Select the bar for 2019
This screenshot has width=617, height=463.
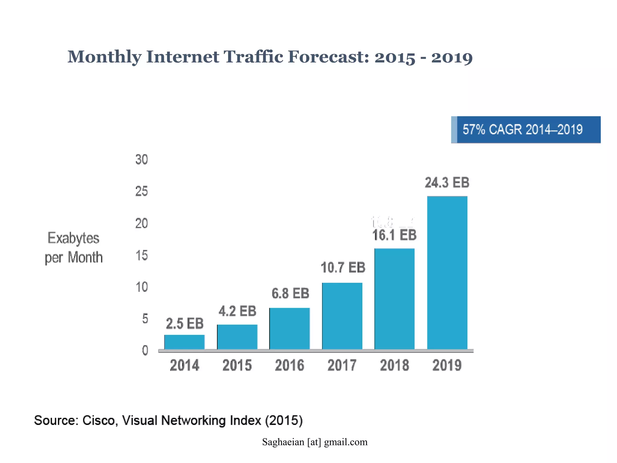coord(447,273)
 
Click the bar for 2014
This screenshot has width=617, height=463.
coord(184,342)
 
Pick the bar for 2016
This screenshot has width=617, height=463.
coord(290,329)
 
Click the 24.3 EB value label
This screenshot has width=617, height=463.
coord(447,183)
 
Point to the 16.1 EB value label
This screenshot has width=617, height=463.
coord(394,235)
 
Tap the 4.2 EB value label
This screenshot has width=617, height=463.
coord(237,311)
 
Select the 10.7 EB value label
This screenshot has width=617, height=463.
coord(343,268)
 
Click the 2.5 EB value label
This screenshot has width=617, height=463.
coord(185,324)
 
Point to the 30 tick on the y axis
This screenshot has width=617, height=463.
coord(142,160)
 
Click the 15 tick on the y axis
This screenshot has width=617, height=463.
coord(142,256)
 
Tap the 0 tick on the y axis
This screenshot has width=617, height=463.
coord(145,351)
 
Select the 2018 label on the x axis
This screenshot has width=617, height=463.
coord(394,365)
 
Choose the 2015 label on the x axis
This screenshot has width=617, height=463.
coord(237,365)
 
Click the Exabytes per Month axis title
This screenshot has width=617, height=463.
coord(74,248)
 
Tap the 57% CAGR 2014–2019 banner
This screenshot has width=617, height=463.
coord(526,130)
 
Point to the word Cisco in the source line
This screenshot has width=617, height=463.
coord(99,420)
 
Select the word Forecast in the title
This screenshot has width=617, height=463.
coord(328,57)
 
